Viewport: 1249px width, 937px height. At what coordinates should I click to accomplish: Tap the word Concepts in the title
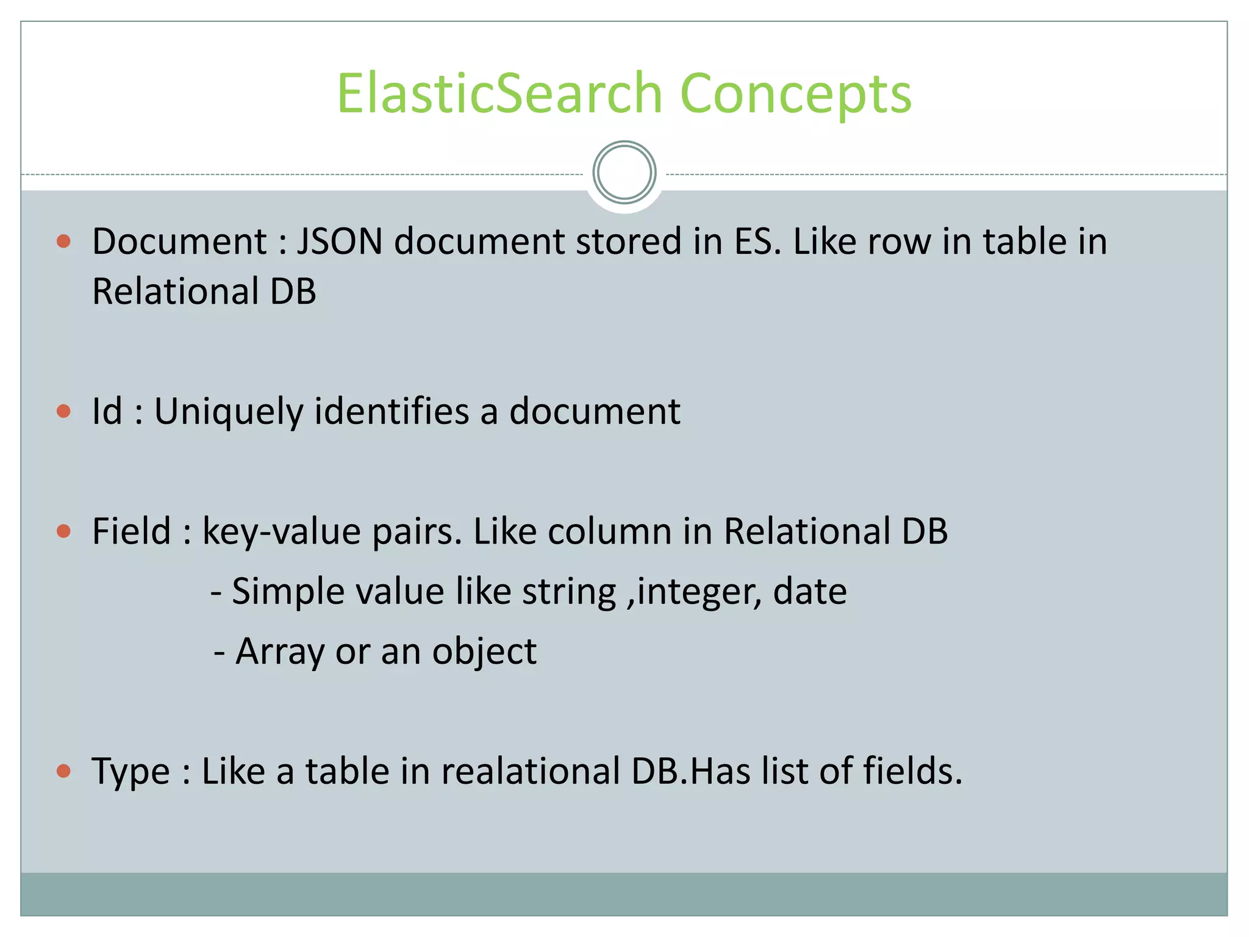click(795, 95)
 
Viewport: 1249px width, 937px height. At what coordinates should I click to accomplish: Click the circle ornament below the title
click(624, 173)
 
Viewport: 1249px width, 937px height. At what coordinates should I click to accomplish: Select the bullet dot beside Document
click(63, 242)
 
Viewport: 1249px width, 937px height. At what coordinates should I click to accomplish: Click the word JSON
click(340, 242)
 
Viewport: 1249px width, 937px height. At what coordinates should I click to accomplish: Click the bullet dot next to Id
click(63, 411)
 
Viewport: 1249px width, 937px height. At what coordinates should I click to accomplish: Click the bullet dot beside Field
click(63, 531)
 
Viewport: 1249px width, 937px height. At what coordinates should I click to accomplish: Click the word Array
click(280, 652)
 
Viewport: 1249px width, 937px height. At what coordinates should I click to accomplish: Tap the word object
click(484, 652)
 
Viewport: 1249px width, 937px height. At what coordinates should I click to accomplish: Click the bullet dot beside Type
click(63, 772)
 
